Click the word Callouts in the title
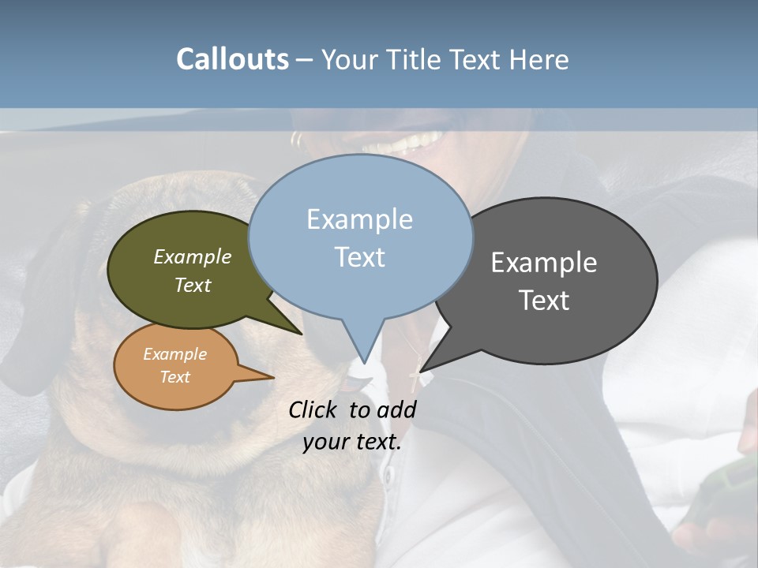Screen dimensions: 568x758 (x=232, y=59)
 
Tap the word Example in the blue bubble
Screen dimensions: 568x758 (x=359, y=219)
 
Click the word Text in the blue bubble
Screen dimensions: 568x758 (x=359, y=256)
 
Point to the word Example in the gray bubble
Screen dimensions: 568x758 (x=544, y=263)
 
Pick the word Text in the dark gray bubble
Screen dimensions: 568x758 (x=544, y=301)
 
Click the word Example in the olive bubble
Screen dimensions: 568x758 (x=193, y=256)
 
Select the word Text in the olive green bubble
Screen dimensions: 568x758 (x=193, y=285)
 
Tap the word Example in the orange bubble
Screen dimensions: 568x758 (x=174, y=354)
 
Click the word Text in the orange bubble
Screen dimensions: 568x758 (x=174, y=377)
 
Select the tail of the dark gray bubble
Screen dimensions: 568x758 (x=426, y=364)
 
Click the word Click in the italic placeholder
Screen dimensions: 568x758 (x=313, y=409)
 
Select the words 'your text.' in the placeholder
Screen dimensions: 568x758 (x=352, y=442)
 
